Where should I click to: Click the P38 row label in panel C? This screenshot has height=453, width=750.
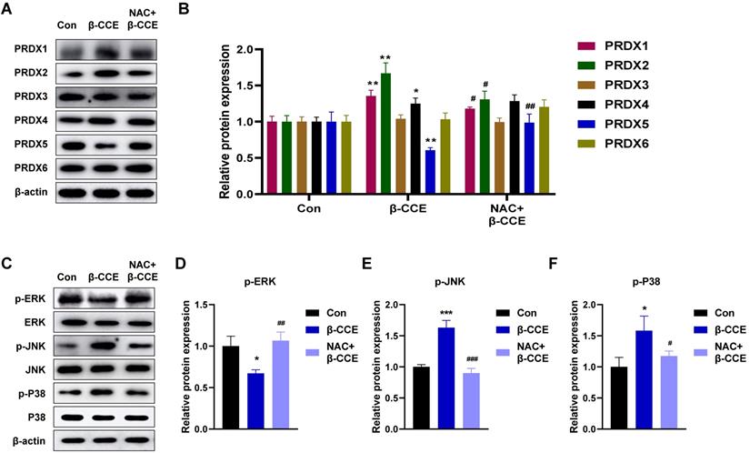(x=28, y=417)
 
